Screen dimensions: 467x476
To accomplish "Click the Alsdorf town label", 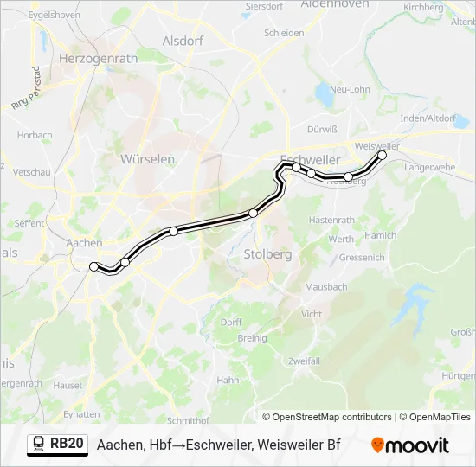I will point(183,41).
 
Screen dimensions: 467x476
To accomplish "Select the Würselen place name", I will point(148,159).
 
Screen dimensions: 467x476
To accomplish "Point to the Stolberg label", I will point(268,254).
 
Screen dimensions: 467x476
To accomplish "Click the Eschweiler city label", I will point(311,161).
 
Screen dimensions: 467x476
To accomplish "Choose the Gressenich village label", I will point(362,258).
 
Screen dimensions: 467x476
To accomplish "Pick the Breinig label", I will point(252,338).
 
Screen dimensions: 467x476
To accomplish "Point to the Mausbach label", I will point(325,286).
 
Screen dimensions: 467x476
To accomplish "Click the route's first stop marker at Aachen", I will point(93,267).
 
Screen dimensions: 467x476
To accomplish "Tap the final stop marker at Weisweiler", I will point(383,155).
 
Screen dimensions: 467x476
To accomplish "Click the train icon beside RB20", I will point(39,445).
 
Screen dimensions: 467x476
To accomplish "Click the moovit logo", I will point(410,445).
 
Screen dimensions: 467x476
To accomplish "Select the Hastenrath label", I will point(331,220).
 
